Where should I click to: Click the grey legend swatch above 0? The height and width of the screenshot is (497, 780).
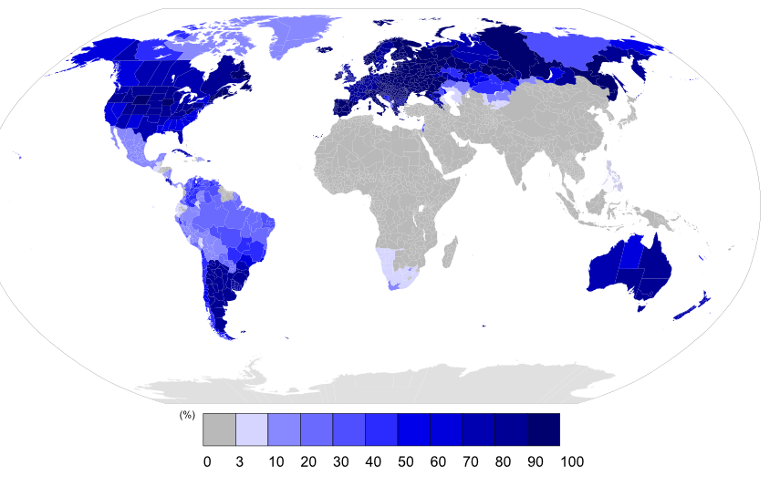[219, 430]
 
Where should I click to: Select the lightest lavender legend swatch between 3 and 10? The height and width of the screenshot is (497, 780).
[252, 430]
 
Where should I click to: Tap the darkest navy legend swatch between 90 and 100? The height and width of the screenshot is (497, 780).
[543, 430]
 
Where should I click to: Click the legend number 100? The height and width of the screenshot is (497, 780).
[572, 462]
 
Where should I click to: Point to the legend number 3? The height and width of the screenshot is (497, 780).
[239, 462]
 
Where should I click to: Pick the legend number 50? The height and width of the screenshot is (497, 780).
[405, 462]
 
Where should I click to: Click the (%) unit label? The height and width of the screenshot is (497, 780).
[187, 415]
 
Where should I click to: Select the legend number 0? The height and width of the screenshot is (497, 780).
[207, 462]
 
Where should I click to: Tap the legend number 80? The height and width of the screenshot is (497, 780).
[503, 462]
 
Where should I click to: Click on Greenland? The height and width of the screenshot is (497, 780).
[301, 41]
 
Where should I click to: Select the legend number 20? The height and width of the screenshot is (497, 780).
[307, 462]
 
